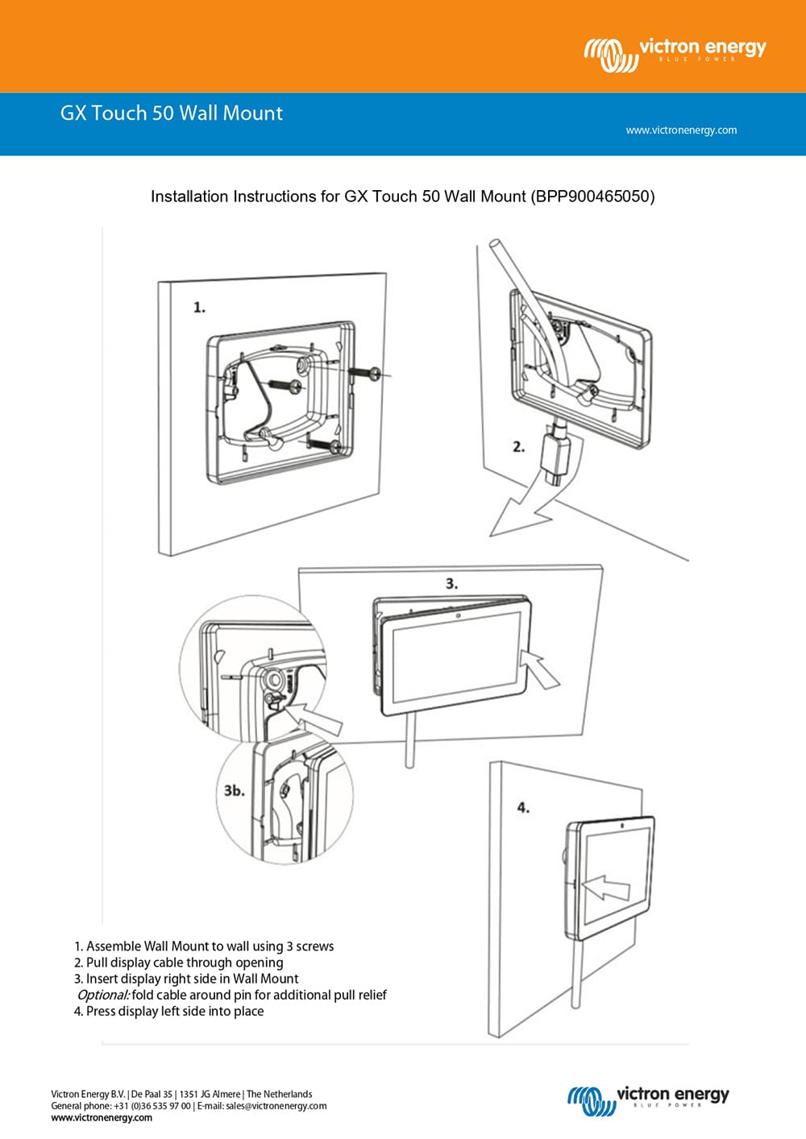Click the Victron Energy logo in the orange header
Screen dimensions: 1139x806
675,54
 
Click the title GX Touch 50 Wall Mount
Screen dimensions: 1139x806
172,113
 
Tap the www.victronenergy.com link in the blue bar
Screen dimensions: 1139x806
681,130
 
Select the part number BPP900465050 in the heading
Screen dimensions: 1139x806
592,197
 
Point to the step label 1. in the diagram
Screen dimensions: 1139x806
199,308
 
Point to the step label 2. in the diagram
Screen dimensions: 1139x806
519,446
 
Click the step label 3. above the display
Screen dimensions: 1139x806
451,583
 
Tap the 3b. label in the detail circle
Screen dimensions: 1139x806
235,791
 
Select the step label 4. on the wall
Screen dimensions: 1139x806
523,807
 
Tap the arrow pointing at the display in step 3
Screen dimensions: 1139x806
540,667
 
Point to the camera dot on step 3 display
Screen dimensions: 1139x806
458,616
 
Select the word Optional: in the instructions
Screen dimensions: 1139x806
103,996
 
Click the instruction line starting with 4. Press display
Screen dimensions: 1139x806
169,1012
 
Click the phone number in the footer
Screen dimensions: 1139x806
152,1106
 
